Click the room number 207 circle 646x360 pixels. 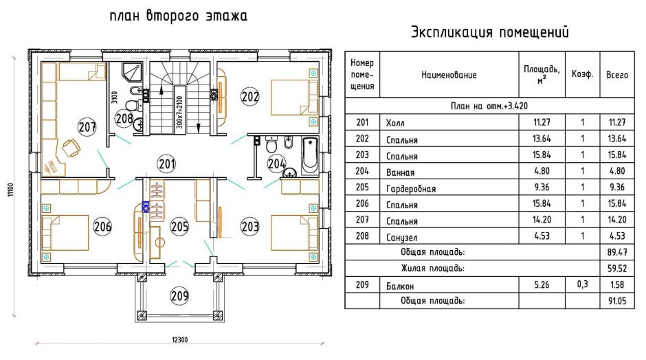coord(87,127)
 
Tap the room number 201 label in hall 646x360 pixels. coord(166,164)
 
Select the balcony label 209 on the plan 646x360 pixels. coord(179,297)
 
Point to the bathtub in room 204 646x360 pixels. coord(309,155)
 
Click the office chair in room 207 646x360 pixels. coord(71,146)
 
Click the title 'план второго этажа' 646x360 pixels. coord(178,15)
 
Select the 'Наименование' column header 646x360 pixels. coord(449,75)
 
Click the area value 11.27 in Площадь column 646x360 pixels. coord(539,122)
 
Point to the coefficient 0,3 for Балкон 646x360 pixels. coord(582,284)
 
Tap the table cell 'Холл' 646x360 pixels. coord(397,123)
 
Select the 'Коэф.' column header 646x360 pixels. coord(582,75)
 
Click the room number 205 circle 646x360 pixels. coord(179,225)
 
